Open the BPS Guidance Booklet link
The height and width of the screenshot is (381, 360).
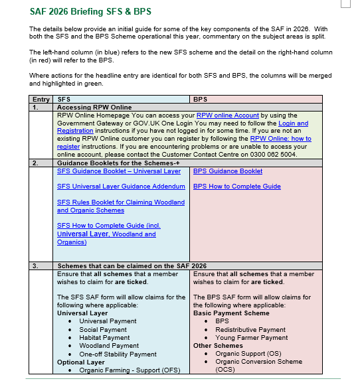click(x=227, y=171)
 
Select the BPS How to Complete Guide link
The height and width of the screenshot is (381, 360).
click(x=236, y=187)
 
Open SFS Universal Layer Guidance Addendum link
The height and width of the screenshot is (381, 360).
click(x=121, y=187)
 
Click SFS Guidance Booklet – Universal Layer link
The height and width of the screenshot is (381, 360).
click(x=118, y=171)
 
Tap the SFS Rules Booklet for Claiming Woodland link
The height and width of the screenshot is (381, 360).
click(x=121, y=202)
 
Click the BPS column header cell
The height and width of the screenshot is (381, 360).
click(x=199, y=99)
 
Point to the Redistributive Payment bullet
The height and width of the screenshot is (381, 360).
click(x=250, y=329)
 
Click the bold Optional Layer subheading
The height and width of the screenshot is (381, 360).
click(x=82, y=362)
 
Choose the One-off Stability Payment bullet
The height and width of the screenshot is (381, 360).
click(x=118, y=354)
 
